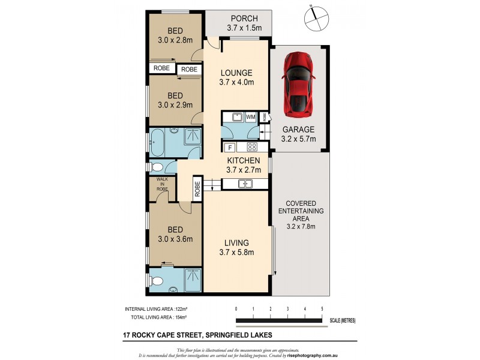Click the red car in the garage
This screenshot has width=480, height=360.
point(299,84)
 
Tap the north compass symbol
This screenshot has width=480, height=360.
point(314,19)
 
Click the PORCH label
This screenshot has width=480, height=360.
point(239,18)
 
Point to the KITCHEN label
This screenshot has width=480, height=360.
point(243,161)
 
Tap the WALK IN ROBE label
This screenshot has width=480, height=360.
point(162,184)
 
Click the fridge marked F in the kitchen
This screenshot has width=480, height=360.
point(229,148)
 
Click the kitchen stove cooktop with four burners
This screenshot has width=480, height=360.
point(253,148)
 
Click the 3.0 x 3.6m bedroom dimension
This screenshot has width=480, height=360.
point(175,239)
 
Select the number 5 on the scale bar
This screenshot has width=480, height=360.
point(323,308)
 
